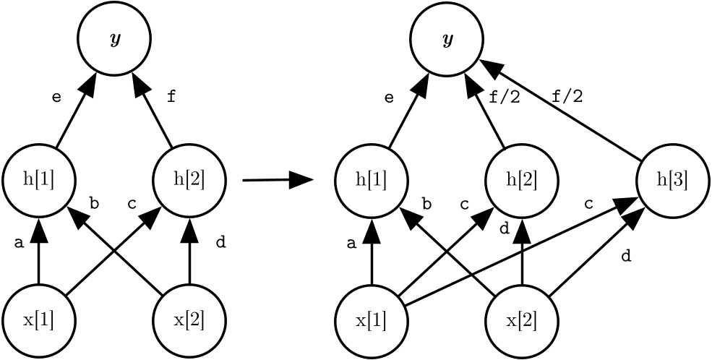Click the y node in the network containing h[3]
click(447, 39)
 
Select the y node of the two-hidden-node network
click(114, 39)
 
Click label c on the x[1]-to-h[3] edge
click(588, 205)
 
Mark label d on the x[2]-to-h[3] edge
click(626, 257)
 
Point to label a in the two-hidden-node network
click(19, 244)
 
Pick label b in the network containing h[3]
click(426, 205)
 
